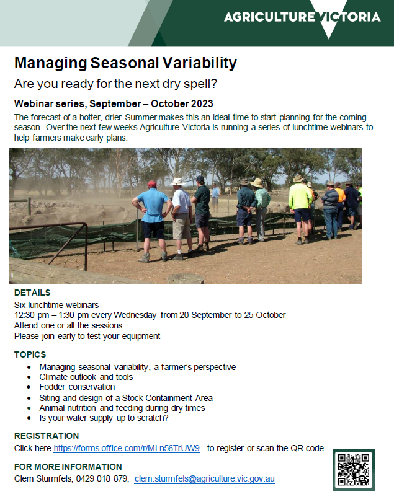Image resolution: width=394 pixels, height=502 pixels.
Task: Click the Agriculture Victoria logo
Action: tap(302, 17)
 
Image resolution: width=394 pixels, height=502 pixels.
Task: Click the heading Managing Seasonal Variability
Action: tap(125, 63)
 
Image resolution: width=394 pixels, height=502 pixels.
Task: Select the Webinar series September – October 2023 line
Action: tap(114, 103)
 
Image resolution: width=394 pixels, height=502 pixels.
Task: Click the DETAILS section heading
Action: tap(32, 293)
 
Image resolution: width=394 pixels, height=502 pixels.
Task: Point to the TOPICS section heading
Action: tap(30, 354)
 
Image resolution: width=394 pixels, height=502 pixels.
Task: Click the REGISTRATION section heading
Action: tap(47, 436)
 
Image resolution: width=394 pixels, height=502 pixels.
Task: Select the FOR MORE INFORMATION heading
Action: tap(68, 467)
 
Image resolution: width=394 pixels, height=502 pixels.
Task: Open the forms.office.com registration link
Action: tap(127, 448)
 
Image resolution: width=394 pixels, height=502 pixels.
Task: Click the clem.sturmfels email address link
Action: tap(204, 478)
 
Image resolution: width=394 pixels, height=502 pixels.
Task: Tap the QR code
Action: tap(354, 469)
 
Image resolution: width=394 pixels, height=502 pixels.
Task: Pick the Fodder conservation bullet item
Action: tap(77, 387)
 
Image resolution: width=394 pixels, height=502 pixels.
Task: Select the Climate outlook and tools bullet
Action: tap(86, 377)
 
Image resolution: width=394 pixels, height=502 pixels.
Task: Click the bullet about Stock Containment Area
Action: tap(126, 397)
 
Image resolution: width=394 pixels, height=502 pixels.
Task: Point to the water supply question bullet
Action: tap(104, 418)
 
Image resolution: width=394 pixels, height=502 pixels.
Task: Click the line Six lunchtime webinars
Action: tap(56, 304)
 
